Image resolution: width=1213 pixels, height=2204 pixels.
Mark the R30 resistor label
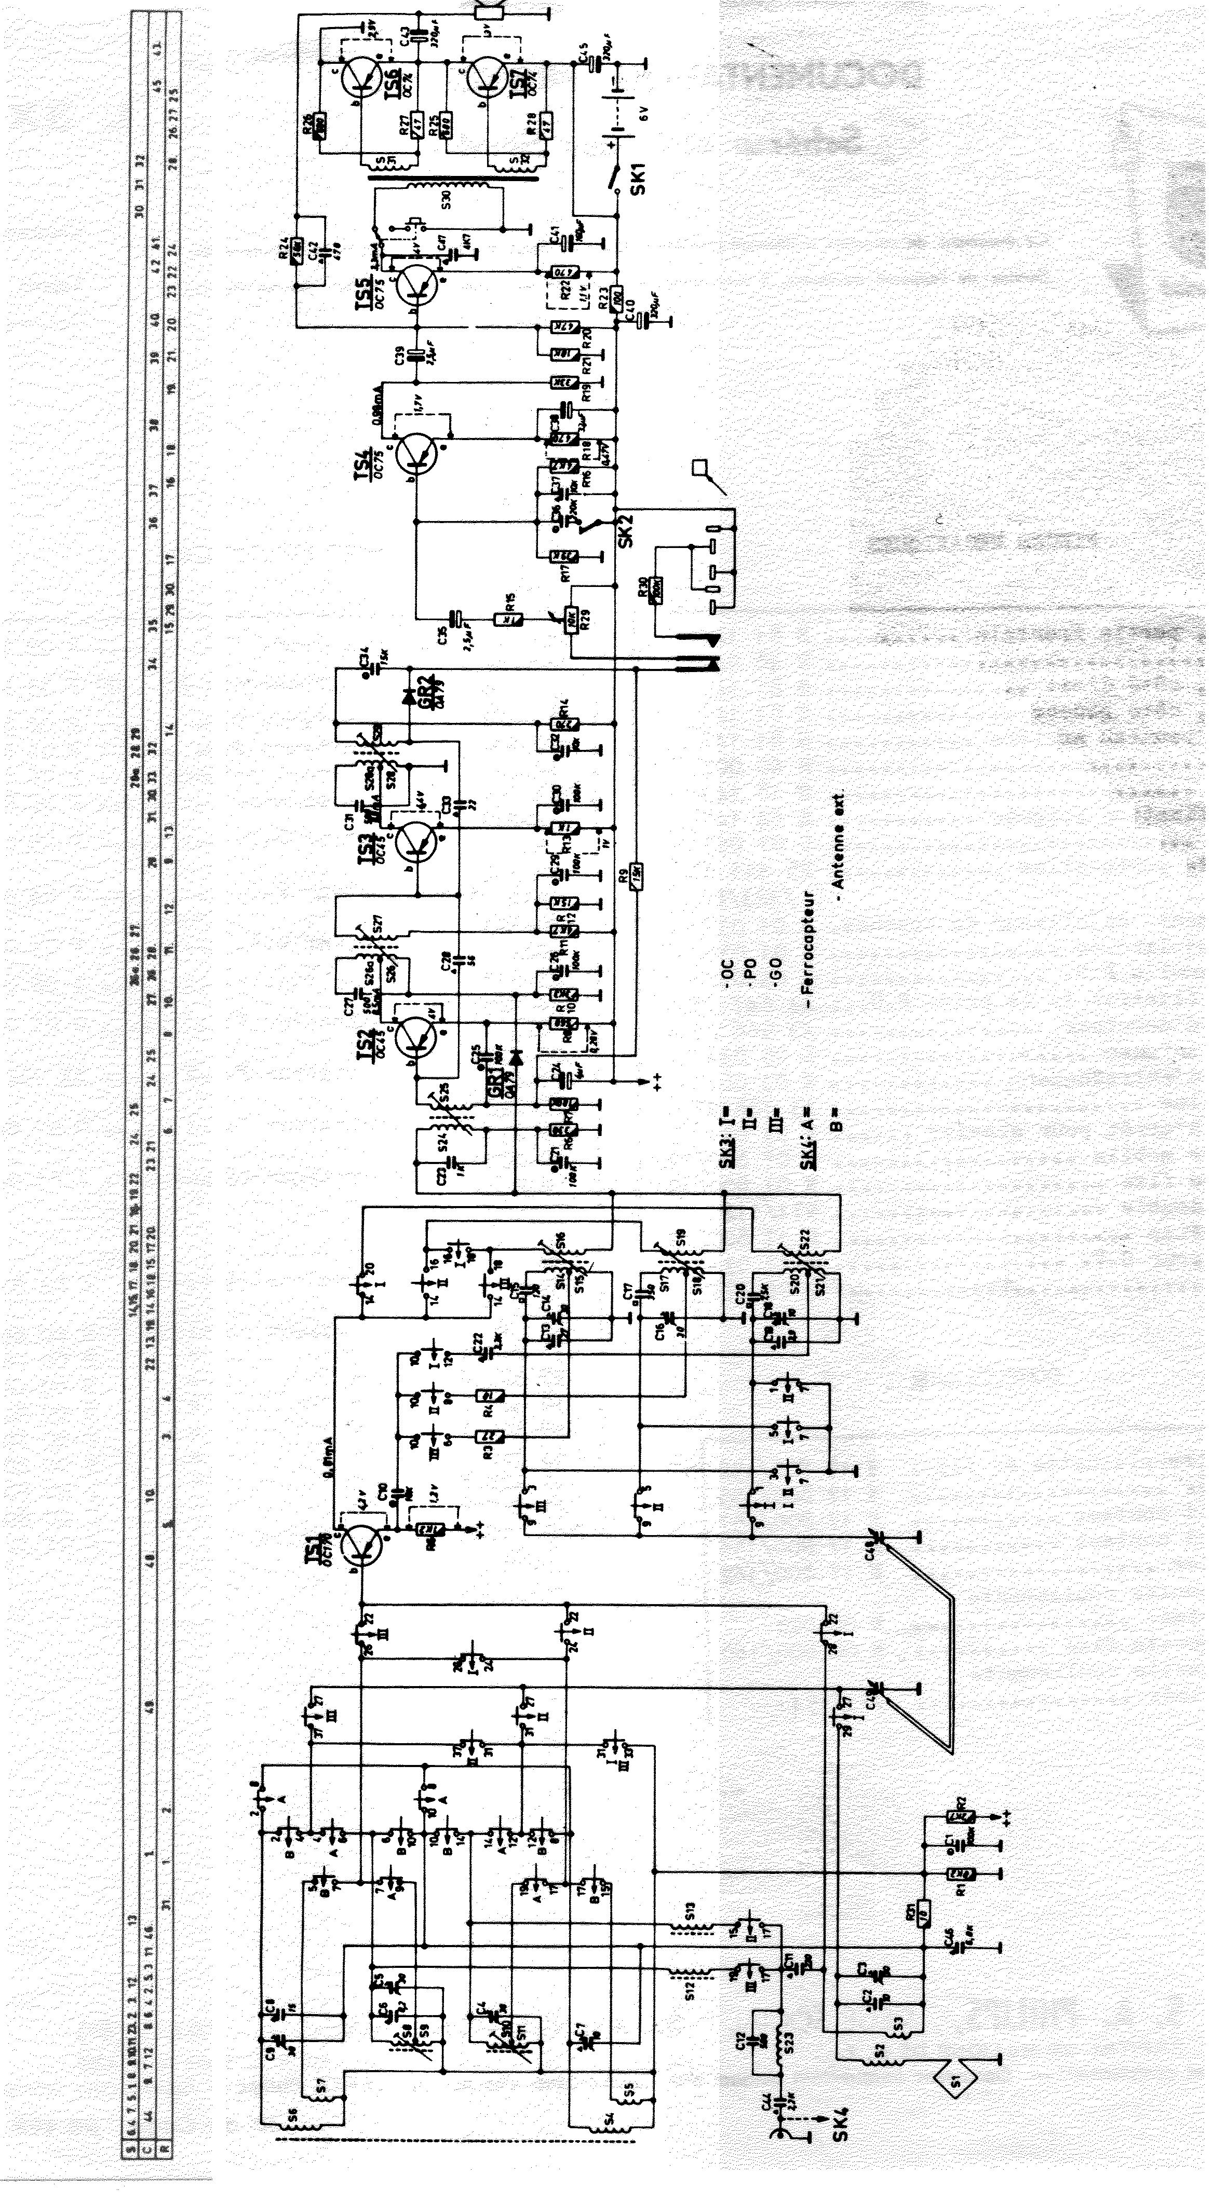click(x=644, y=588)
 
